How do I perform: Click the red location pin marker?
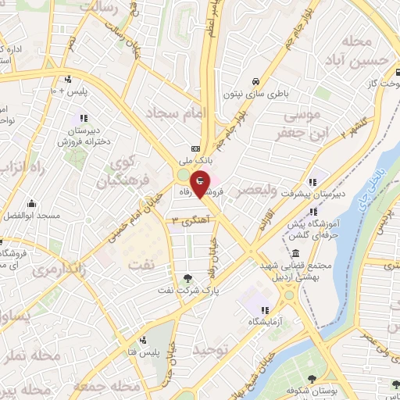(x=200, y=183)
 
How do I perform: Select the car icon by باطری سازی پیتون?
(x=255, y=81)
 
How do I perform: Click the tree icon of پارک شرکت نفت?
(x=187, y=278)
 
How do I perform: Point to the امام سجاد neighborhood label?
(x=185, y=115)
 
